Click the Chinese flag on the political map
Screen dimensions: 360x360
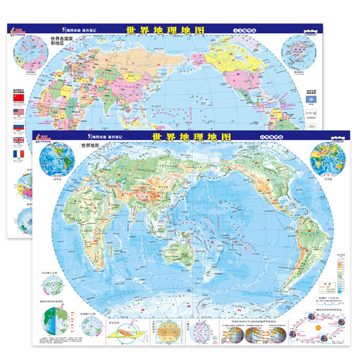pyautogui.click(x=18, y=98)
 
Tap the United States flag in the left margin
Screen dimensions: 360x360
pyautogui.click(x=18, y=112)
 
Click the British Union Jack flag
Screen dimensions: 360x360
pyautogui.click(x=18, y=140)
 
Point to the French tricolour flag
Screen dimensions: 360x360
pyautogui.click(x=18, y=154)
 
